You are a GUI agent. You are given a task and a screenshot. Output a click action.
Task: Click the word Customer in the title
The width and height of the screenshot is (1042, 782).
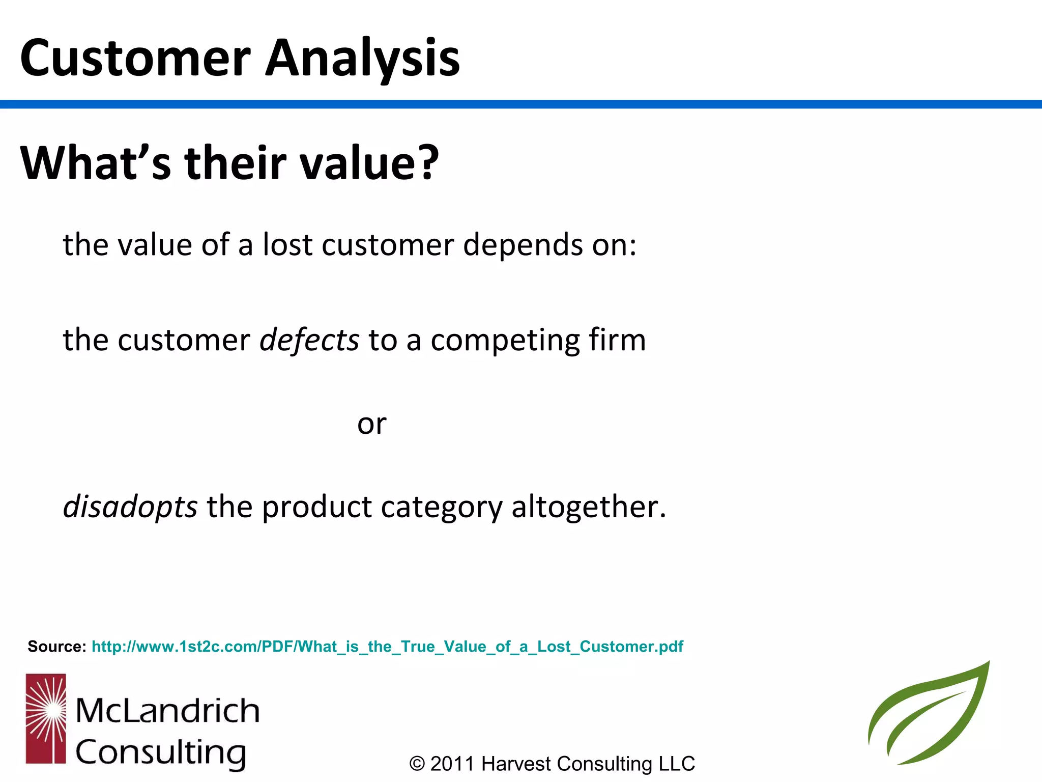click(135, 59)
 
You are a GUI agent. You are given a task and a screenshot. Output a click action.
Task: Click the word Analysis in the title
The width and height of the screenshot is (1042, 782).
click(362, 59)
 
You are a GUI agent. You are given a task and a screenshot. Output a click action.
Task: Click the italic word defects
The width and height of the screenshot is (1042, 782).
click(309, 340)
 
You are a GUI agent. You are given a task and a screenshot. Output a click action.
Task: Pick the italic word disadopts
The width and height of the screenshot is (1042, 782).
click(130, 507)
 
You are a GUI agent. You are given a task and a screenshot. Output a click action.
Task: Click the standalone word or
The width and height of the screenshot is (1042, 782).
click(371, 424)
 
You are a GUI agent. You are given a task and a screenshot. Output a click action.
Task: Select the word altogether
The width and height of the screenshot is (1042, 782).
click(588, 507)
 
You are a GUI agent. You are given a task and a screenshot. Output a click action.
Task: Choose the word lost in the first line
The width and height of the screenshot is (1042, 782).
click(287, 245)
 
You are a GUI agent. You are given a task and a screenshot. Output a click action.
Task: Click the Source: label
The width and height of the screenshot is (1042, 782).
click(57, 647)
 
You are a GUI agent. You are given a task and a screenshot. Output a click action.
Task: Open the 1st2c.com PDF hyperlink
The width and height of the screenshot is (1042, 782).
click(387, 647)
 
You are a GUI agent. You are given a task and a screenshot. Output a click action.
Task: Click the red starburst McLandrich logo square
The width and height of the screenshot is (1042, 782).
click(46, 718)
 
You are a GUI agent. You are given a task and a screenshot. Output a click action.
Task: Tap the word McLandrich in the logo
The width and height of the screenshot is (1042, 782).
click(167, 711)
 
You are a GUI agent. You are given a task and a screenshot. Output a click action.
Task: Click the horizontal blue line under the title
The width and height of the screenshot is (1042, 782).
click(521, 104)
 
